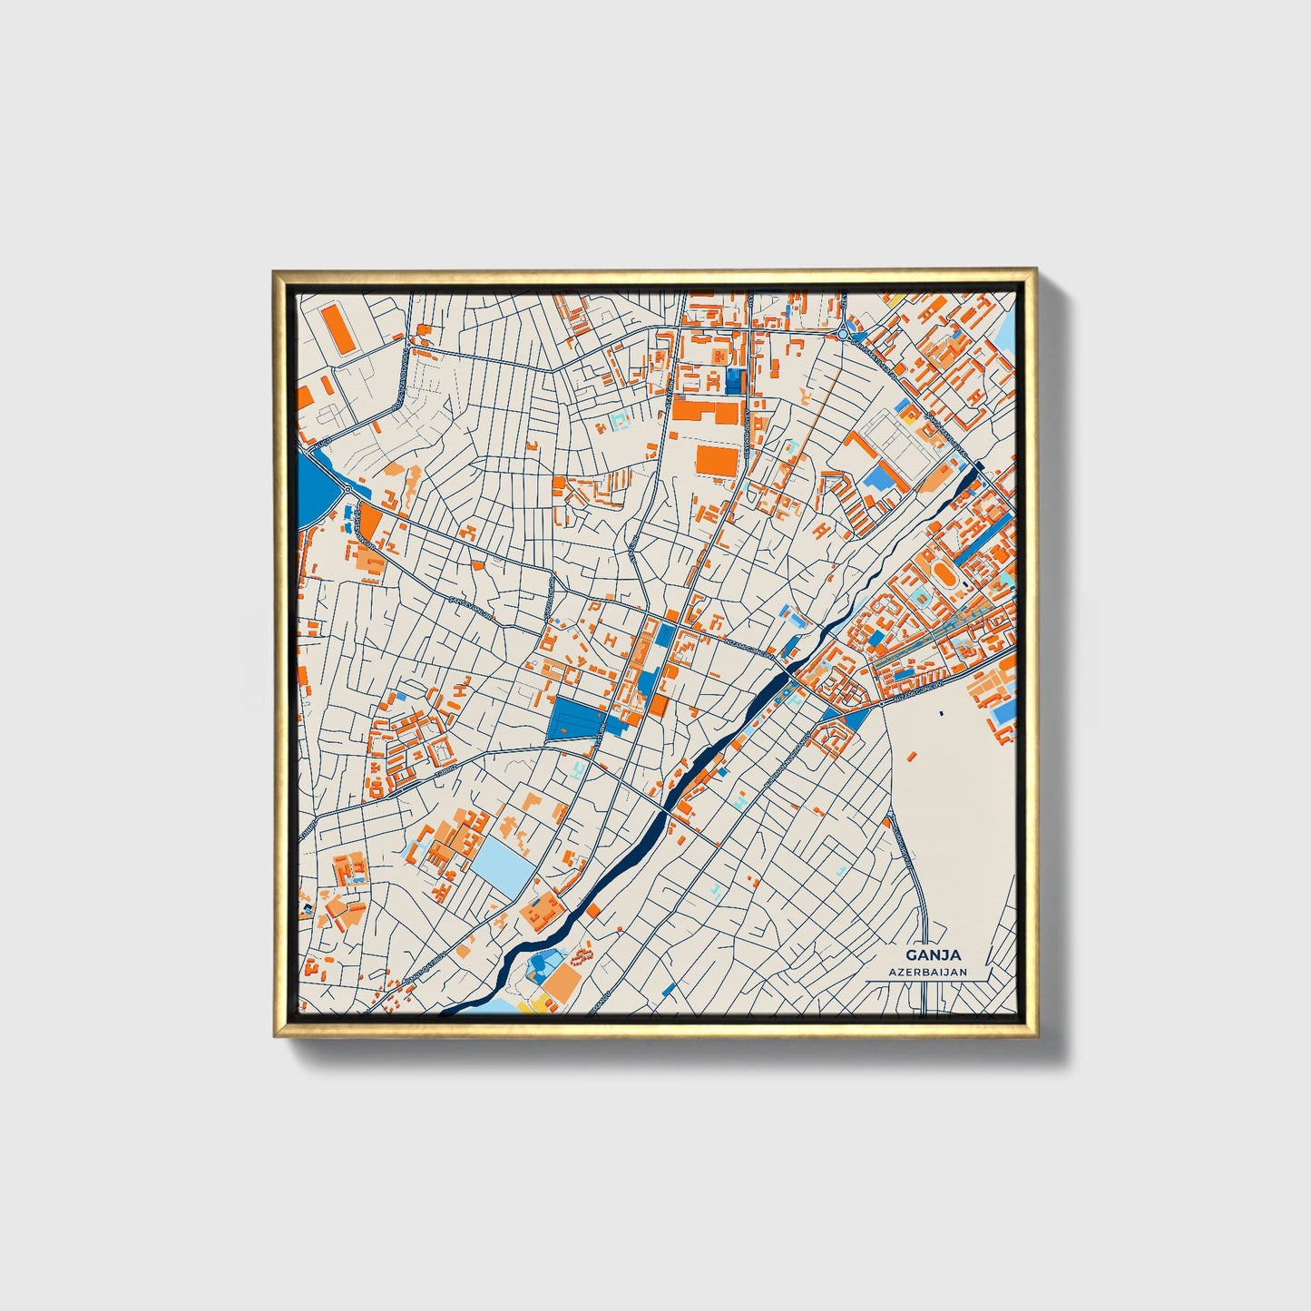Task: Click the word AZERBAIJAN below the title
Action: point(927,972)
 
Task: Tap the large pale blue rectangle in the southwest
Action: point(502,861)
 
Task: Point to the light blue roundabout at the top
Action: point(844,334)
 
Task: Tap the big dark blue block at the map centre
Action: point(576,719)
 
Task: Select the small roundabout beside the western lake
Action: point(348,491)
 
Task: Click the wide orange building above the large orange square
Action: point(705,412)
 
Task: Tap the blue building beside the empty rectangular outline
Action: point(876,478)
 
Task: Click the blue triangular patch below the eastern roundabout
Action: point(854,721)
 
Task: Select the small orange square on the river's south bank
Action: point(593,910)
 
